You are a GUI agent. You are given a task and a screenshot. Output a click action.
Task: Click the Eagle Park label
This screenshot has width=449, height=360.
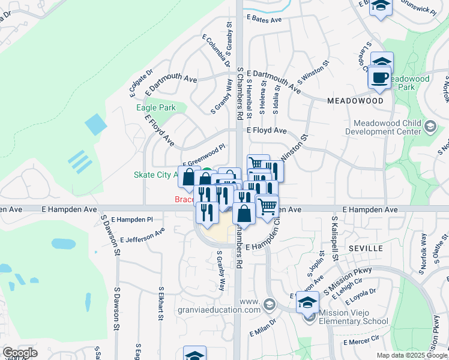click(x=155, y=107)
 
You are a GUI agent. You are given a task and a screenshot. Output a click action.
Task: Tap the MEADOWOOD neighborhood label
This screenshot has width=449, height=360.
click(x=355, y=101)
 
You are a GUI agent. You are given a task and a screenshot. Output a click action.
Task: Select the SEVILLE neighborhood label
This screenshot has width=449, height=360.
click(x=366, y=248)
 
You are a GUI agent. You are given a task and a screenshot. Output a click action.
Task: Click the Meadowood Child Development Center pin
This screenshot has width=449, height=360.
click(x=430, y=126)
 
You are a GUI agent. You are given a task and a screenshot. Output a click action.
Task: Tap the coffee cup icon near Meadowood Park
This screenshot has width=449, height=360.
click(x=380, y=78)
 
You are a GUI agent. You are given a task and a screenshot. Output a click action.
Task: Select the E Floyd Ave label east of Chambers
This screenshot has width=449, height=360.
click(x=266, y=130)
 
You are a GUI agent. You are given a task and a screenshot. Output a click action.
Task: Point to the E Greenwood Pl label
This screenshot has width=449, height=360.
click(x=203, y=155)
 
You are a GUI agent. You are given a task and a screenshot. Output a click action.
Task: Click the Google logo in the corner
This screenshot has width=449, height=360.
click(x=20, y=353)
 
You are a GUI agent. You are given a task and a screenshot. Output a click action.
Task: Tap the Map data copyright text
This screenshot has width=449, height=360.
click(x=412, y=355)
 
